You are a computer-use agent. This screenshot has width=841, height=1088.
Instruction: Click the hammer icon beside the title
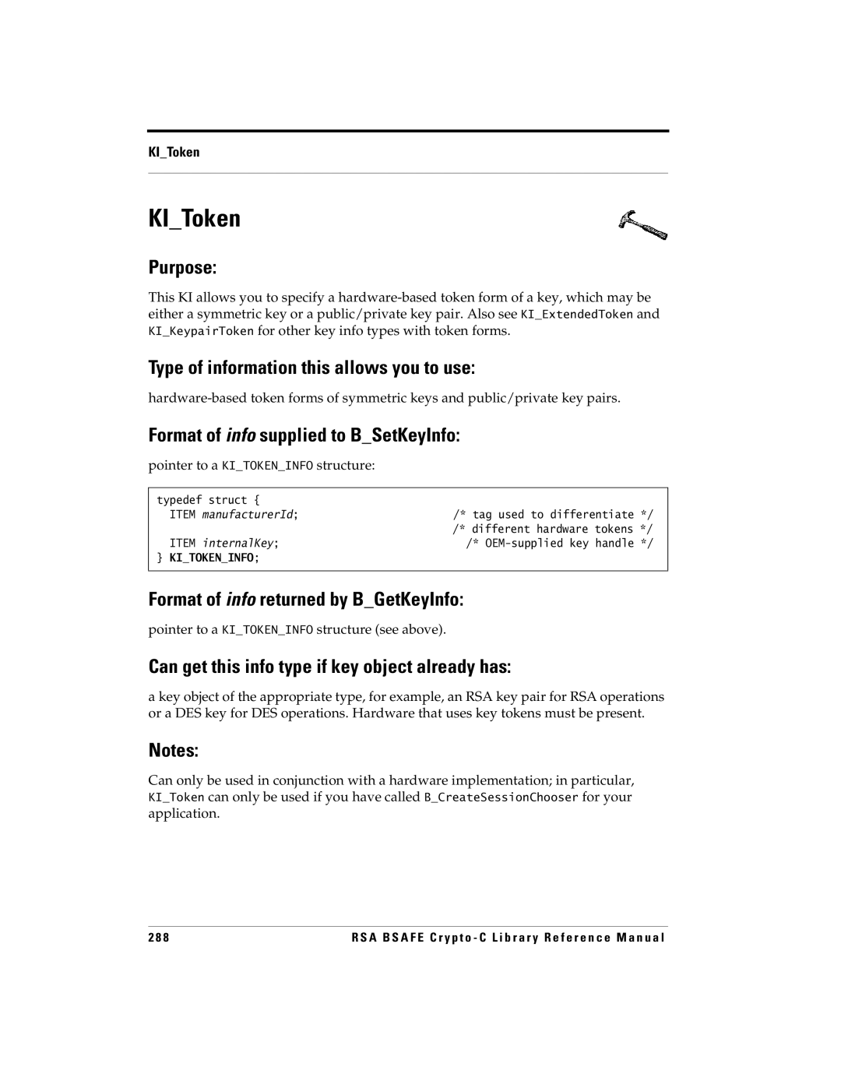[642, 224]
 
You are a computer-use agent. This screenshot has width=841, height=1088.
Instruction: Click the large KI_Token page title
[195, 219]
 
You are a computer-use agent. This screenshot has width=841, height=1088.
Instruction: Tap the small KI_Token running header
[174, 152]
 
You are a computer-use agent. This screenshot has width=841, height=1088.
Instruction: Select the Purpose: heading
[183, 268]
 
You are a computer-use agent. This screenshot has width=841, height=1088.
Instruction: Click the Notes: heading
[174, 751]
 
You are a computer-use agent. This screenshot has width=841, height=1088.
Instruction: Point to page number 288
[159, 938]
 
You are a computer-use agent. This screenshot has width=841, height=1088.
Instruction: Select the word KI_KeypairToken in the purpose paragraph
[201, 331]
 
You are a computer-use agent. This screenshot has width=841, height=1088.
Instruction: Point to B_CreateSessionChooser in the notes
[501, 798]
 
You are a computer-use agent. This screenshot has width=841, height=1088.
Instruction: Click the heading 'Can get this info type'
[329, 667]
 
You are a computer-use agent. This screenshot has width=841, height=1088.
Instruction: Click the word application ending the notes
[183, 814]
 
